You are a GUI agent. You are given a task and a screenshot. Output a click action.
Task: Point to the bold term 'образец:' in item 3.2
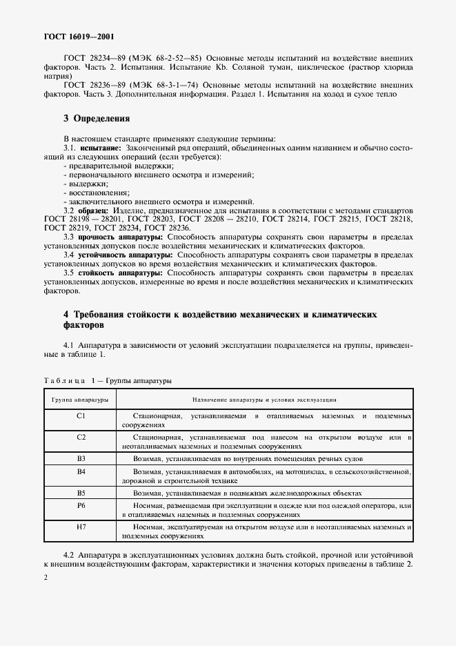92,210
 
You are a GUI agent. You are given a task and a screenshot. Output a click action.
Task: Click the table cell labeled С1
81,416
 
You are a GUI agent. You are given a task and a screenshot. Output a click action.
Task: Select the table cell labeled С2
81,437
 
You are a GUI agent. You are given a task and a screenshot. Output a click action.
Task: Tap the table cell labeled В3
81,458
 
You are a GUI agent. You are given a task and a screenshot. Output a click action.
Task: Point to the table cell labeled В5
81,493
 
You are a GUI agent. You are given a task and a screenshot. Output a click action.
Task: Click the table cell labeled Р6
81,506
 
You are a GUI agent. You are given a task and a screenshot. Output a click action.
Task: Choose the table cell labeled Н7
81,527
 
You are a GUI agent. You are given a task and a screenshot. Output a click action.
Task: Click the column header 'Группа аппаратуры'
81,400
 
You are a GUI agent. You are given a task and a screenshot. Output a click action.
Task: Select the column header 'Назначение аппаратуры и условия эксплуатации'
264,400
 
